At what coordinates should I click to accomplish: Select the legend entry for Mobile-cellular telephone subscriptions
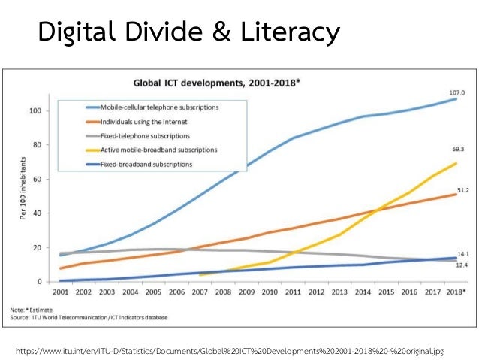coord(155,107)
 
